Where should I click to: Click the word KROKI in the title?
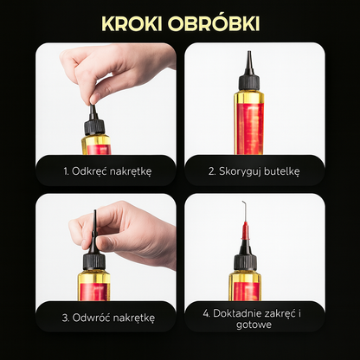point(132,23)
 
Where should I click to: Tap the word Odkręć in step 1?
point(89,171)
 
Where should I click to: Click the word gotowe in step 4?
point(254,325)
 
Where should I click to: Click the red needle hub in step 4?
point(246,231)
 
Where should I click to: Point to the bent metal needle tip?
point(243,202)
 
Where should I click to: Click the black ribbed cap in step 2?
point(249,81)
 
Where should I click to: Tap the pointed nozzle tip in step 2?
point(248,52)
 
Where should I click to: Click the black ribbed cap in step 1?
point(94,127)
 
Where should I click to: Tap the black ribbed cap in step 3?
point(94,261)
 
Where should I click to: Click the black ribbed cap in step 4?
point(245,261)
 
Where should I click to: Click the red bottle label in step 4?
point(246,292)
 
